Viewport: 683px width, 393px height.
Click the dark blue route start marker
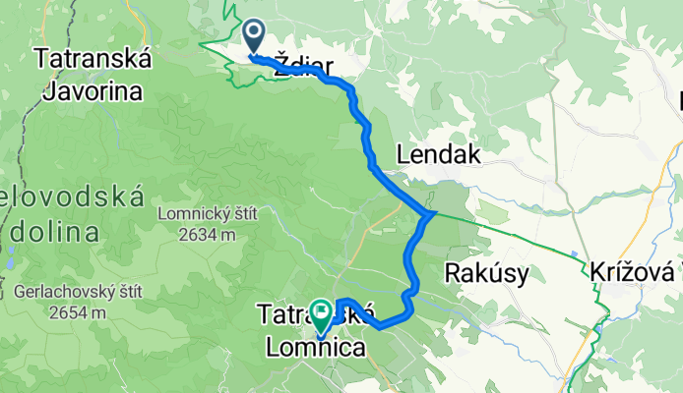(x=253, y=38)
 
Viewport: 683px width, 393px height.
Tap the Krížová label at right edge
(x=635, y=271)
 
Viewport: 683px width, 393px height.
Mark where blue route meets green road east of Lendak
(x=430, y=213)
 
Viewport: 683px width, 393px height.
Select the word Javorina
(x=92, y=91)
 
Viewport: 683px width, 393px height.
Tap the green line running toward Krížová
(x=522, y=235)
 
